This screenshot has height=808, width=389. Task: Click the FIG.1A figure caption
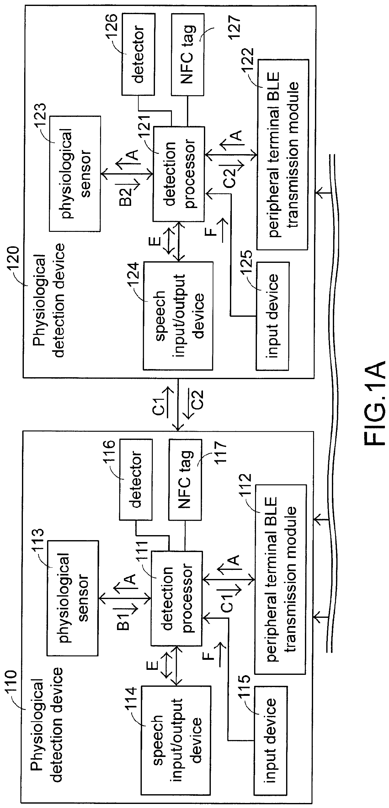point(375,403)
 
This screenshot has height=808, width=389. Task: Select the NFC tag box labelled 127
point(187,54)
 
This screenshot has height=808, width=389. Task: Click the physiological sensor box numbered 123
point(75,174)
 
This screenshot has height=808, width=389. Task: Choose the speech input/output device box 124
point(178,315)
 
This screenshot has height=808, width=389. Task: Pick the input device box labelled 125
point(272,315)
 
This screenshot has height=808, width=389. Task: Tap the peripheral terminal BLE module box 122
point(282,154)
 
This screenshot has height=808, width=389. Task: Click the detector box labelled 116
point(136,479)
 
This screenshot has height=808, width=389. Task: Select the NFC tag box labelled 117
point(185,479)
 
